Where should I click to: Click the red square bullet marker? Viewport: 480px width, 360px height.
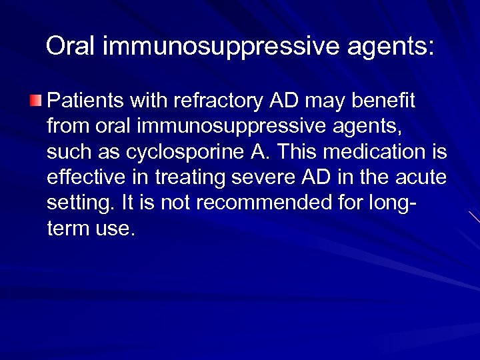pyautogui.click(x=35, y=101)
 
